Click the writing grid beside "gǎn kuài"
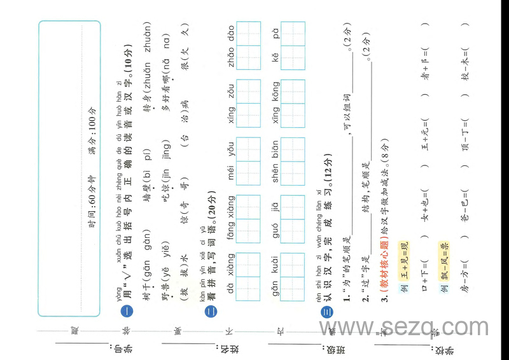[293, 269]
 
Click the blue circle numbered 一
[126, 311]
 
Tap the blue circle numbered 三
[326, 311]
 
